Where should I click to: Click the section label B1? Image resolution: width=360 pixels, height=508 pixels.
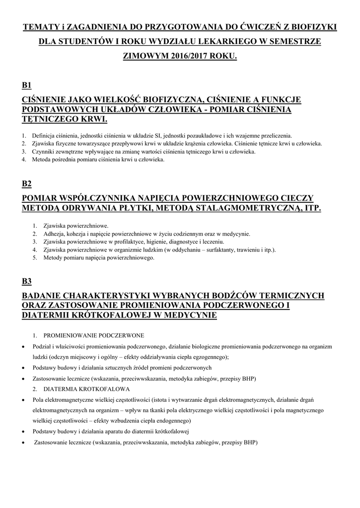tap(27, 85)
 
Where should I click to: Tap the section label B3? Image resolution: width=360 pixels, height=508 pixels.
tap(27, 281)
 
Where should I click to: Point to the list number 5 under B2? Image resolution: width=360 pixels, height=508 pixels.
tap(34, 258)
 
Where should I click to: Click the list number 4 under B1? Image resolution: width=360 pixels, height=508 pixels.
tap(24, 160)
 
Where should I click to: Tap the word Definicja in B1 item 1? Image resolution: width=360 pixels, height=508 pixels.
tap(43, 135)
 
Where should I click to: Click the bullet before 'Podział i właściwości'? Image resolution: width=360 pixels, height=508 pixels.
tap(24, 346)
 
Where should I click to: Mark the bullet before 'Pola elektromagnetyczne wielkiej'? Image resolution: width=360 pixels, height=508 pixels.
tap(24, 400)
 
